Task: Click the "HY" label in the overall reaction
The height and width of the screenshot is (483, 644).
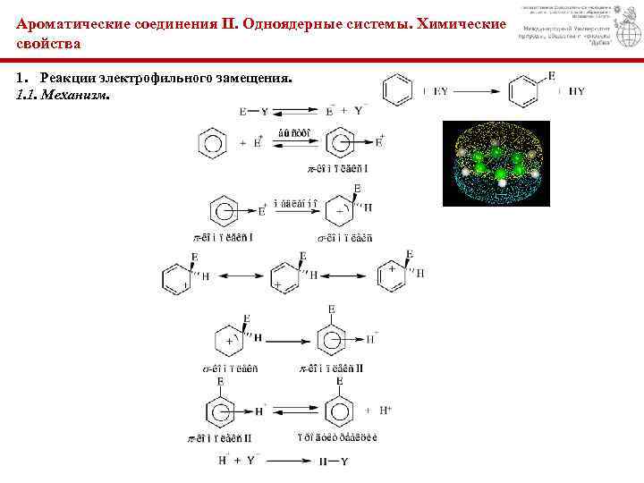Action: [x=577, y=90]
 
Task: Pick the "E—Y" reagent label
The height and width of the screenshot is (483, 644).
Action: [x=255, y=112]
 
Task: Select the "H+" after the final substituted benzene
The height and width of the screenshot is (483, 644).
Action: [x=386, y=411]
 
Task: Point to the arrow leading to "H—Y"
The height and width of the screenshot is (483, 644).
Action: [x=285, y=461]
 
